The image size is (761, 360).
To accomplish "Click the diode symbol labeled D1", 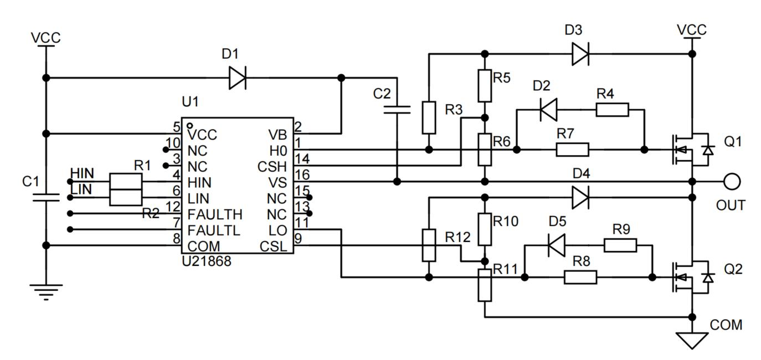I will [238, 78].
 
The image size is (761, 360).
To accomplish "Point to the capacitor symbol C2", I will [397, 109].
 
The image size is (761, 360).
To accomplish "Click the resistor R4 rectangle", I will [612, 110].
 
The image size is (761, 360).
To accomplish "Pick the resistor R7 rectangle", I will [572, 150].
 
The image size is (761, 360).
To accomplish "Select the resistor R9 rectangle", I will [620, 245].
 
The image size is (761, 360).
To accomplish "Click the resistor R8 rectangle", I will [580, 277].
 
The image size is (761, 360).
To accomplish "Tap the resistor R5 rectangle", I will [485, 85].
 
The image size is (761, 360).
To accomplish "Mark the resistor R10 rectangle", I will [485, 229].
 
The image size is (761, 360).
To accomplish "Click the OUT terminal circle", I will [732, 181].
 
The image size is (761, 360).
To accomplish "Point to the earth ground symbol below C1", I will [46, 291].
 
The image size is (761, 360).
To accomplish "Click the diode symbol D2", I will [548, 110].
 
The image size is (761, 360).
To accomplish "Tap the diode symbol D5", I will [556, 245].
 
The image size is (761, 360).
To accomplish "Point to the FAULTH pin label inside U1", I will [214, 214].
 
